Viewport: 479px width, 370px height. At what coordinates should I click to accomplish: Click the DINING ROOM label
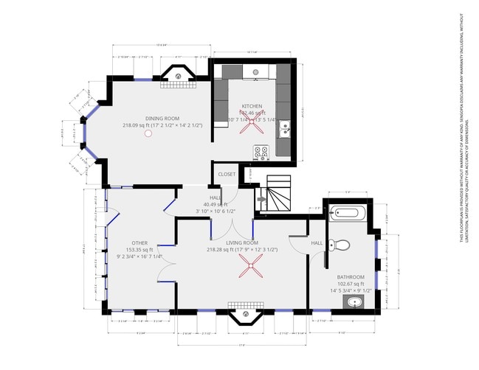162,118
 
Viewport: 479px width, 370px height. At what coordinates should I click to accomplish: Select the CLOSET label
227,175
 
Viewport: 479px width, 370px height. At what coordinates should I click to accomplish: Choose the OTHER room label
139,242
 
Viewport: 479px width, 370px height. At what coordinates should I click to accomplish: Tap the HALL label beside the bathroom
317,242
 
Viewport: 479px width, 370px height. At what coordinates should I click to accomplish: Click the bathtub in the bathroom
346,214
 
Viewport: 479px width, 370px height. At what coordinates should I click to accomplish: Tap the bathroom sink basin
355,302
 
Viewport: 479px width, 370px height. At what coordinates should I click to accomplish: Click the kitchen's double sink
284,130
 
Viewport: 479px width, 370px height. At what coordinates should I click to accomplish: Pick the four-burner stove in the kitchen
261,153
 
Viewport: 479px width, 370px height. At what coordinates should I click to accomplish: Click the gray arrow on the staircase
261,198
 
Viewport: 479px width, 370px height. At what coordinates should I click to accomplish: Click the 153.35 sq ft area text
139,250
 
